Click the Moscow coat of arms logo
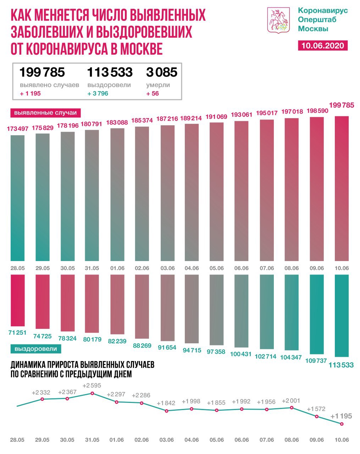[279, 20]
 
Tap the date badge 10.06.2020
[322, 45]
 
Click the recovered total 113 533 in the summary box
[110, 72]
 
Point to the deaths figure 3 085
[161, 72]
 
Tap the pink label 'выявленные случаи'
[45, 113]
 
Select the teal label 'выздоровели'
[35, 349]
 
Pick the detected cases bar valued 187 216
[167, 193]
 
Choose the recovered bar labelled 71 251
[17, 300]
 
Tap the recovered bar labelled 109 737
[317, 314]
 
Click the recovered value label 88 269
[142, 345]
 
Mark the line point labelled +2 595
[92, 393]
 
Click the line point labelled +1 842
[167, 411]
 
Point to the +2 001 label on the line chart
[291, 401]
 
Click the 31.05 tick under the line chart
[92, 440]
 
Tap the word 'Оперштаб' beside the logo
[317, 20]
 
